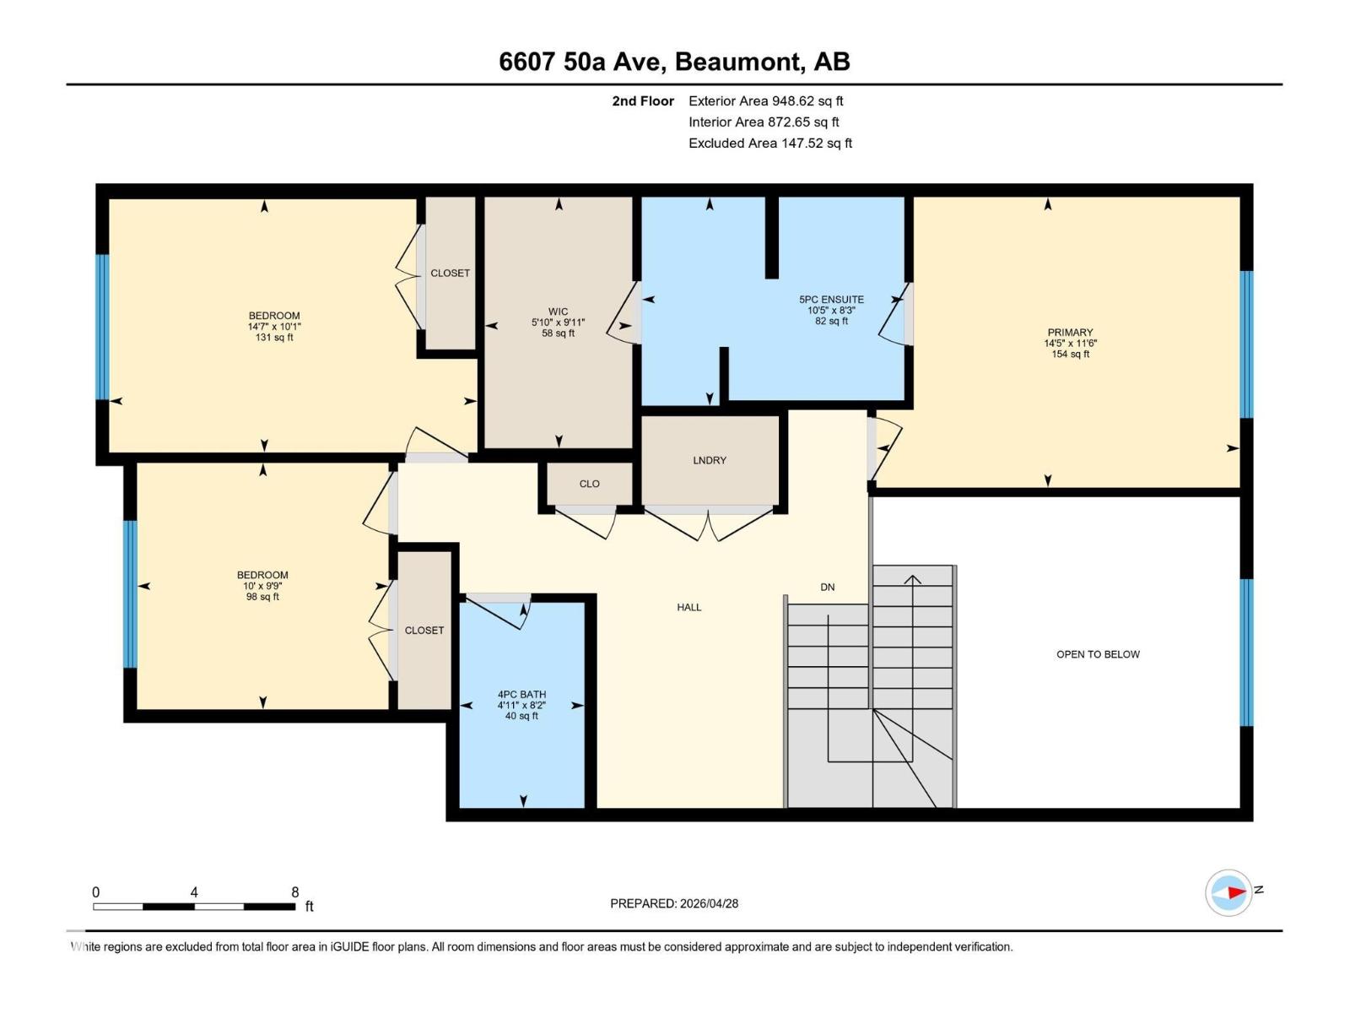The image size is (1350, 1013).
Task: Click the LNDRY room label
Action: [709, 460]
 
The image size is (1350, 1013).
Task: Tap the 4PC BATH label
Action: [521, 695]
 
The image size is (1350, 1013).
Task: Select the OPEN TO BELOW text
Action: [1098, 654]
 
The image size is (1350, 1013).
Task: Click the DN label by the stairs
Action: [827, 587]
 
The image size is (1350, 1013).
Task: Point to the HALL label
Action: [688, 607]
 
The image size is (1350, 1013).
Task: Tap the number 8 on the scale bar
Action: [294, 892]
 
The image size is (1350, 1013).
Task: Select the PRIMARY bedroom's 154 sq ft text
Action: [1070, 355]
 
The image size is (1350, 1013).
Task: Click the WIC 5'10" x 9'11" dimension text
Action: [558, 322]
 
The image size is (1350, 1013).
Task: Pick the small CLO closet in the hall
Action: [589, 484]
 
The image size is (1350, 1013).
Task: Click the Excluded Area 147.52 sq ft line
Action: [769, 144]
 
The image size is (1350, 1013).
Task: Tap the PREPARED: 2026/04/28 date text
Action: [674, 903]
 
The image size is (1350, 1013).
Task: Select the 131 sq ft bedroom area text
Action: [274, 338]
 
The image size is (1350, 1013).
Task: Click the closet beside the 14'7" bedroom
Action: [450, 273]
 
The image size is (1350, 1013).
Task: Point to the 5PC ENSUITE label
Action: [831, 300]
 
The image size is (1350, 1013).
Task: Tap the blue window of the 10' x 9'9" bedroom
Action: [130, 593]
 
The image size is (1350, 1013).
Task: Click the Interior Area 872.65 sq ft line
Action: [764, 122]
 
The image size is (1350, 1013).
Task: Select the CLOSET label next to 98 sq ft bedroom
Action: [424, 631]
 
